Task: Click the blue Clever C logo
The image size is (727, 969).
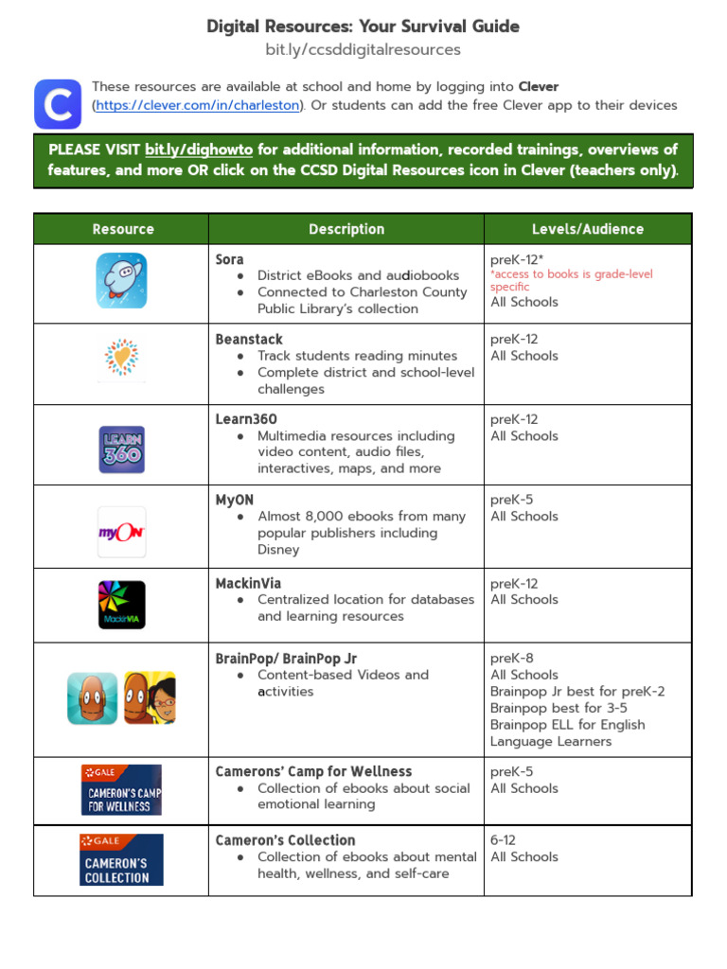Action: point(58,104)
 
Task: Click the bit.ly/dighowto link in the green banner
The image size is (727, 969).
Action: point(199,150)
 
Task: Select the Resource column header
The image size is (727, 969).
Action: point(122,229)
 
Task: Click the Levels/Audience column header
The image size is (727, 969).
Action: point(587,229)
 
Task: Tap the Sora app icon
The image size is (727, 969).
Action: point(121,280)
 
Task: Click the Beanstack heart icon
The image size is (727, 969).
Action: point(121,360)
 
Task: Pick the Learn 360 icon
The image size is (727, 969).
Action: point(122,449)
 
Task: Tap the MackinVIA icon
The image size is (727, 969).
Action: point(122,605)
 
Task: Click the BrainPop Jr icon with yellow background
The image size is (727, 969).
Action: point(150,697)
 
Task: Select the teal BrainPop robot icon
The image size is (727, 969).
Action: point(93,697)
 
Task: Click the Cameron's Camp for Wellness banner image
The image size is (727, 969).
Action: point(121,789)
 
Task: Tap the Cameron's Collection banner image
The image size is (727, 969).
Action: point(122,859)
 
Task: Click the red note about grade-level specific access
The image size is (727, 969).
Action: point(571,280)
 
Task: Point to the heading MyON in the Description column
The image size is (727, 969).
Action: point(235,500)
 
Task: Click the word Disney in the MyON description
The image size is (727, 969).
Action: point(278,550)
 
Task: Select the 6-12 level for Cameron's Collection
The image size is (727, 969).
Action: point(503,840)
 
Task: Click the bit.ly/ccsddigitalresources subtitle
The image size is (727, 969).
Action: point(363,49)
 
